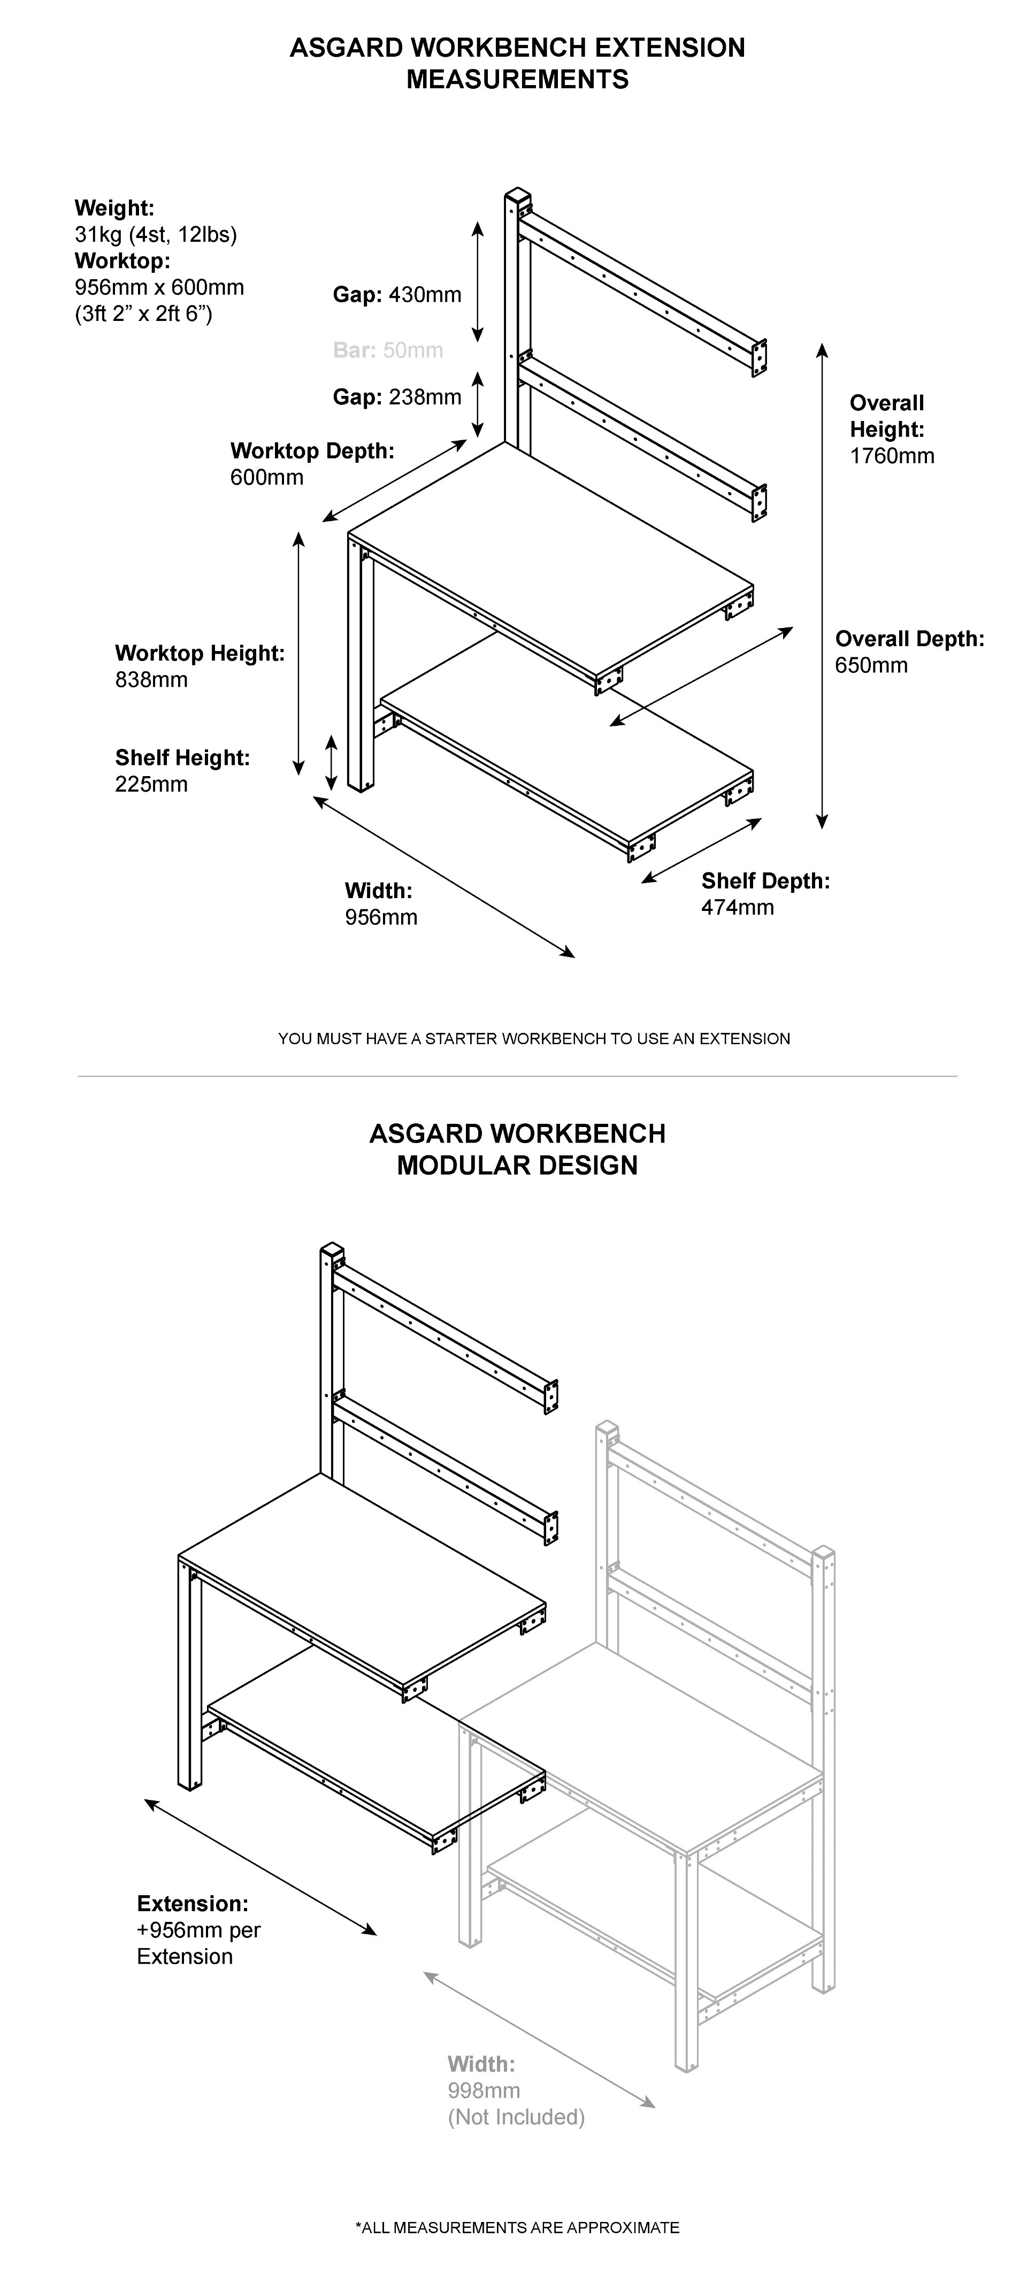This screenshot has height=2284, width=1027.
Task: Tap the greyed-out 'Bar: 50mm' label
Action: click(x=388, y=350)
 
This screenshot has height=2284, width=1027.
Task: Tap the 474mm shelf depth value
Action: click(x=737, y=908)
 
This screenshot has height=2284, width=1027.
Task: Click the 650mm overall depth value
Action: click(x=871, y=666)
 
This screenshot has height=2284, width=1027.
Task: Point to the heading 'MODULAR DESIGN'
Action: click(x=517, y=1165)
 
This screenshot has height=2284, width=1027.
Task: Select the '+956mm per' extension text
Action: click(x=198, y=1930)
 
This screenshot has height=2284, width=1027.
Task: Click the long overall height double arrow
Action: click(x=822, y=585)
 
